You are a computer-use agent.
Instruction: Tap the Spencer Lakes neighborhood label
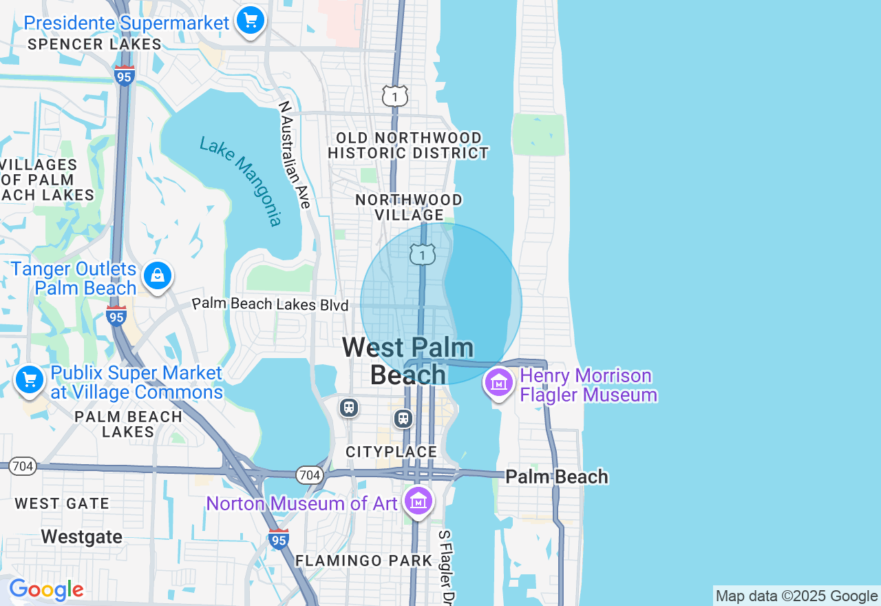click(x=95, y=45)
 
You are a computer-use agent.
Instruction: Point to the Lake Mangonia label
click(x=241, y=181)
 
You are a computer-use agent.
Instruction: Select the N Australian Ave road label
click(x=295, y=154)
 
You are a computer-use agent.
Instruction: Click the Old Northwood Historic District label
click(x=408, y=145)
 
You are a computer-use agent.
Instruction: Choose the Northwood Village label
click(x=409, y=207)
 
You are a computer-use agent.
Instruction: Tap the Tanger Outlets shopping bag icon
click(x=158, y=276)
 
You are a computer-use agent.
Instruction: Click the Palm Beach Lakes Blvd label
click(x=270, y=304)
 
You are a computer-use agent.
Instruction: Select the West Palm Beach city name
click(x=408, y=361)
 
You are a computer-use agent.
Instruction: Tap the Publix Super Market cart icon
click(x=30, y=379)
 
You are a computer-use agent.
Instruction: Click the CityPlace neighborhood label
click(x=392, y=452)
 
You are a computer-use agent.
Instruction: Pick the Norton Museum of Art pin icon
click(x=418, y=501)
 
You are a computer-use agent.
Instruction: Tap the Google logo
click(x=46, y=590)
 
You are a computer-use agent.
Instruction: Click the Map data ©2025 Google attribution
click(x=796, y=596)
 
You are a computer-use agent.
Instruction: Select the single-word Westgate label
click(x=81, y=536)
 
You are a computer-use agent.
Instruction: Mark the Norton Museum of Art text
click(x=302, y=503)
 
